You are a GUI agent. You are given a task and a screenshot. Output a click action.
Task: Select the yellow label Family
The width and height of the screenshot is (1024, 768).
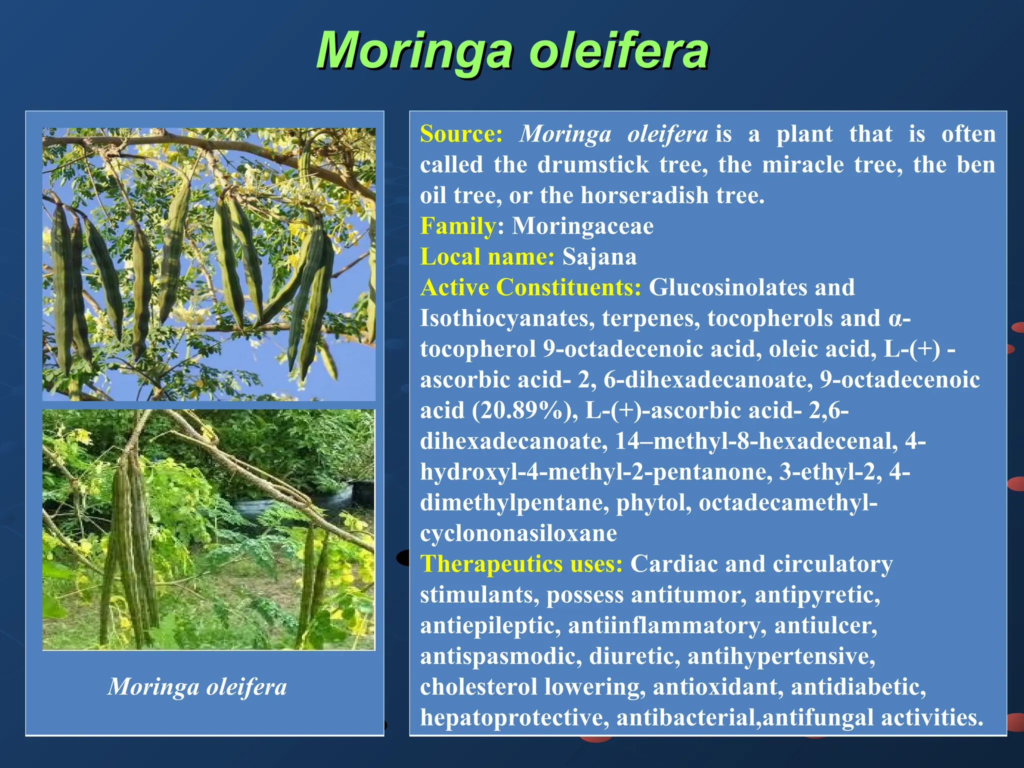tap(457, 226)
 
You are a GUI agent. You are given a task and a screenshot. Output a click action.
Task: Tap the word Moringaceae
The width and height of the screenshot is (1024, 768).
tap(582, 226)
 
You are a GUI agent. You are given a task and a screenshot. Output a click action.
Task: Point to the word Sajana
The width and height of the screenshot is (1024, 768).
tap(599, 257)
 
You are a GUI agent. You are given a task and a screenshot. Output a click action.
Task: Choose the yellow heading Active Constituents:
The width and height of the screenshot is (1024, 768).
tap(530, 287)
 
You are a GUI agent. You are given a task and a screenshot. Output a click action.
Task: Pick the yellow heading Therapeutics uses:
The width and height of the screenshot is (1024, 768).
tap(521, 564)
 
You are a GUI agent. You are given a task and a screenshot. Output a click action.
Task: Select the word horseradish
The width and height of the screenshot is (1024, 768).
tap(644, 195)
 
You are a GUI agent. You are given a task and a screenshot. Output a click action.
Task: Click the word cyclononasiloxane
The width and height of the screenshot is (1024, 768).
tap(518, 533)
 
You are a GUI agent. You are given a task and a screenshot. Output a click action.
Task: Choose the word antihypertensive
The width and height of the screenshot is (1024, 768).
tap(781, 656)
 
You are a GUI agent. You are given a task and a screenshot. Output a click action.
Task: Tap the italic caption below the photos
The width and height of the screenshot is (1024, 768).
tap(197, 686)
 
